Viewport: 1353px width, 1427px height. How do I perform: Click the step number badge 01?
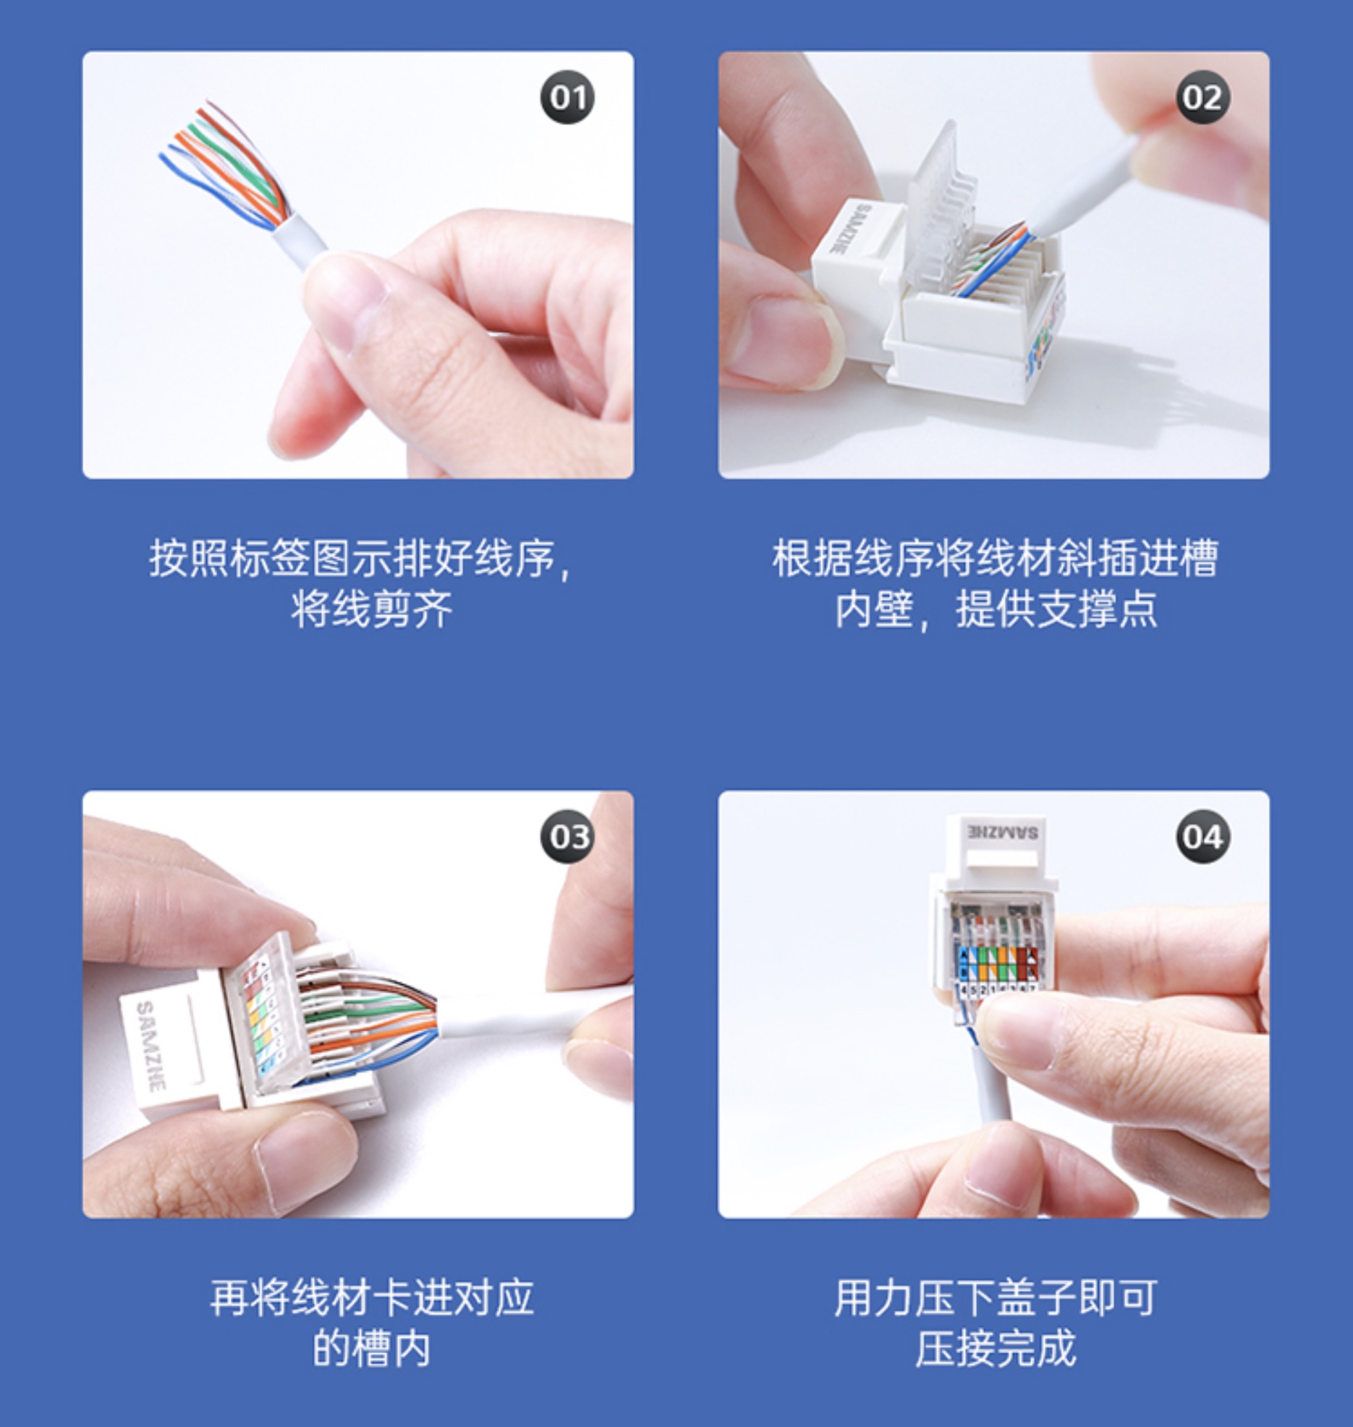(567, 97)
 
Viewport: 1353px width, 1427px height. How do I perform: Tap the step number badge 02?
(1203, 97)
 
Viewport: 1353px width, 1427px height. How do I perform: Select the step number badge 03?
(567, 837)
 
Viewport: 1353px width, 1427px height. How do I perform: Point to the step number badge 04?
(1203, 837)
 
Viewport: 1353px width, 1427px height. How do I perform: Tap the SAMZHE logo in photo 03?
(150, 1046)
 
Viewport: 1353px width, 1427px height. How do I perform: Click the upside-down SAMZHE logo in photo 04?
(1002, 832)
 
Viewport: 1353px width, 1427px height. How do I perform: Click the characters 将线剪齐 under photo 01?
(372, 609)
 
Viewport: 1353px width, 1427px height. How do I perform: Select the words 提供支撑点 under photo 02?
(1056, 609)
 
